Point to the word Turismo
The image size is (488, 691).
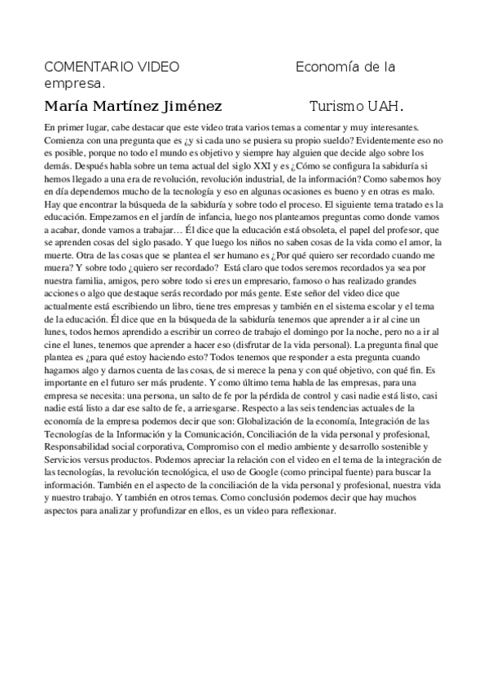click(337, 107)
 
